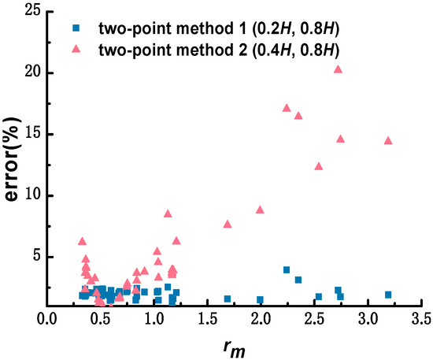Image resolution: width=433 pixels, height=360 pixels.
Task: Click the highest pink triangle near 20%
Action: point(338,69)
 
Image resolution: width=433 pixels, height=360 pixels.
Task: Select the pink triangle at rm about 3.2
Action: point(387,141)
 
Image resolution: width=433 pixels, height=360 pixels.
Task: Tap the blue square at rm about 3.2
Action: point(387,295)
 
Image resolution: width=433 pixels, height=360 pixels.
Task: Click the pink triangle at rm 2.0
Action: point(260,210)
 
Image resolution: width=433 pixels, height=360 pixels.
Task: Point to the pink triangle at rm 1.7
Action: point(228,224)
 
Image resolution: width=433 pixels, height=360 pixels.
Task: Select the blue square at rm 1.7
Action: point(228,299)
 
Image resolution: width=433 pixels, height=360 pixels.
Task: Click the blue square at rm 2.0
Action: point(260,299)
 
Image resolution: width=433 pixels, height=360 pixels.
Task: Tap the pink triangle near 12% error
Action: point(319,166)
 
